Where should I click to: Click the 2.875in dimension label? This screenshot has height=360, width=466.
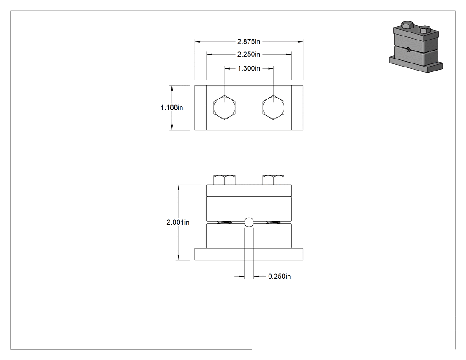pyautogui.click(x=249, y=42)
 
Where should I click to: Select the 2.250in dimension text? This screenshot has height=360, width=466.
pyautogui.click(x=249, y=55)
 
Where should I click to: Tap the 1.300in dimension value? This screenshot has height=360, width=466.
pyautogui.click(x=249, y=68)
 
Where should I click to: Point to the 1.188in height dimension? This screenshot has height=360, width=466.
pyautogui.click(x=172, y=107)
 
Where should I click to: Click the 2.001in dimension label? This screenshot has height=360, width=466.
pyautogui.click(x=178, y=222)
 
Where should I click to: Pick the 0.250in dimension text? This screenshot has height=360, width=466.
pyautogui.click(x=279, y=277)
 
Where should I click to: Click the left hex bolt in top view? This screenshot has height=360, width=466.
pyautogui.click(x=225, y=107)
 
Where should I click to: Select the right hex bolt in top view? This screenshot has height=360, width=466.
pyautogui.click(x=273, y=107)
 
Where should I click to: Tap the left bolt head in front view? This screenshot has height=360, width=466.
pyautogui.click(x=225, y=180)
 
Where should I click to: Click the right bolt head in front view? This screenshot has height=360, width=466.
pyautogui.click(x=273, y=180)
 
